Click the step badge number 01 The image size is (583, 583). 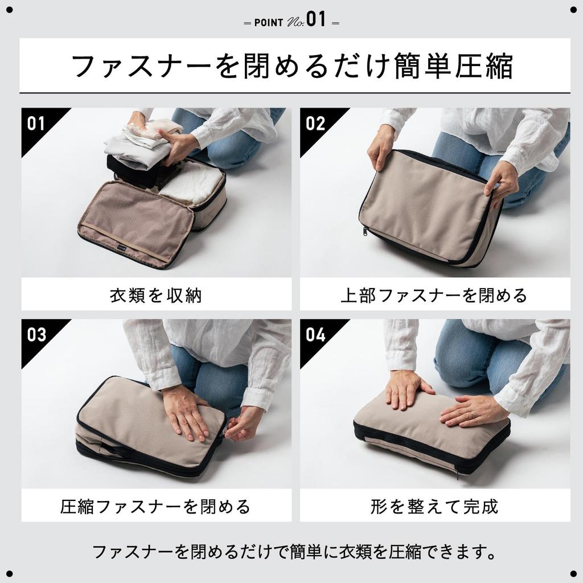tap(35, 123)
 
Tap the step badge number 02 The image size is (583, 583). tap(315, 123)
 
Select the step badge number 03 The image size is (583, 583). tap(36, 334)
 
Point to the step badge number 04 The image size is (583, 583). tap(315, 334)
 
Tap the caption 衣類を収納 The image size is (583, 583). tap(155, 295)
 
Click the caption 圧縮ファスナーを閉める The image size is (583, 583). tap(155, 506)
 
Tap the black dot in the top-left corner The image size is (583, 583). tap(9, 9)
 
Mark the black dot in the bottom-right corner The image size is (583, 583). tap(573, 573)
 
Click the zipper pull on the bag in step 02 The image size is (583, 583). tap(365, 231)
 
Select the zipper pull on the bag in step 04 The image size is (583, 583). tap(457, 472)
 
